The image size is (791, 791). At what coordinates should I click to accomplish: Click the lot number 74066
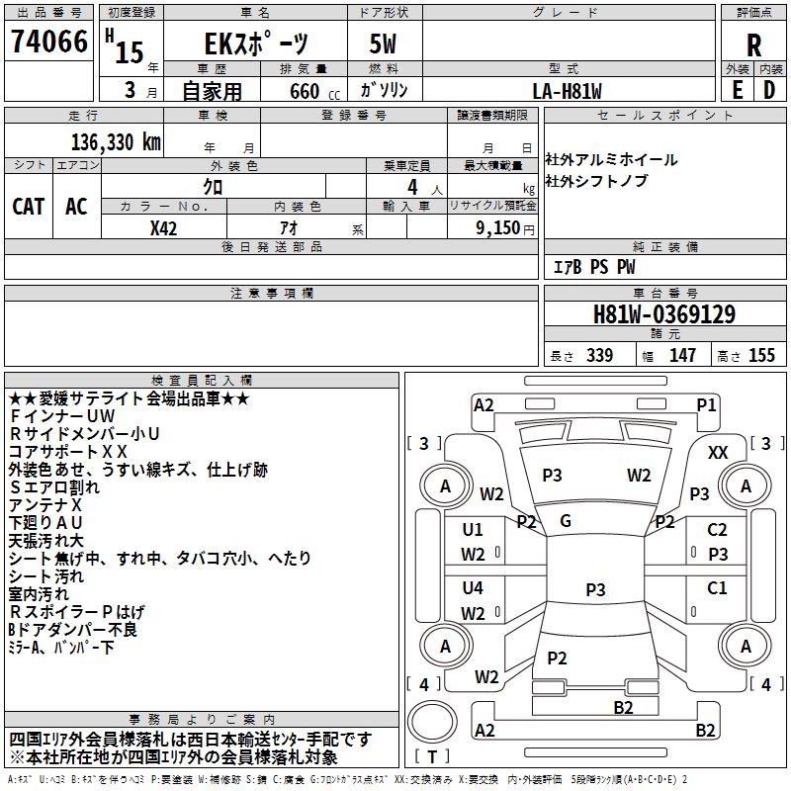point(49,42)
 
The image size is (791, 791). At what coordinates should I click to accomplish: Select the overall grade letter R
point(753,45)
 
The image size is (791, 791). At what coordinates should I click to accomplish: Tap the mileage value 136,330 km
point(116,142)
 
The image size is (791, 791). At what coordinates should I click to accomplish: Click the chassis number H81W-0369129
point(664,314)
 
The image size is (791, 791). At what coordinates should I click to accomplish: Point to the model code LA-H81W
point(567,91)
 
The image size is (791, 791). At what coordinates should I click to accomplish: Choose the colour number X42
point(163,228)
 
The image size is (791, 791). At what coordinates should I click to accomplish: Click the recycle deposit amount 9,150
point(498,228)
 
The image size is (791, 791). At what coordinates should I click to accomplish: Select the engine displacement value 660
point(305,91)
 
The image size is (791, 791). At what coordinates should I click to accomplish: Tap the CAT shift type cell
point(29,207)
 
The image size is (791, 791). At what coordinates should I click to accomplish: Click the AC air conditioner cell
point(77,207)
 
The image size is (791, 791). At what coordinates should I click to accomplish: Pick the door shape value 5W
point(383,44)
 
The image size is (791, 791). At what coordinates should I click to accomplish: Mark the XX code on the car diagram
point(718,453)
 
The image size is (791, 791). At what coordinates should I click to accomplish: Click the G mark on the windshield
point(566,521)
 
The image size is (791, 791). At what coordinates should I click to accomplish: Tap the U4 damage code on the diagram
point(473,587)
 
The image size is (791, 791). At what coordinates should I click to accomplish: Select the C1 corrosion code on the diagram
point(717,587)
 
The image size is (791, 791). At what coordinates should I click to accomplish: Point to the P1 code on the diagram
point(706,405)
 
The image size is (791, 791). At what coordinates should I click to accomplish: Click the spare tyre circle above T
point(432,721)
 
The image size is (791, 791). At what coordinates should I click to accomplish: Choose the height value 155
point(761,355)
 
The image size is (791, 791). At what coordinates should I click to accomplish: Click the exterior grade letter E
point(738,90)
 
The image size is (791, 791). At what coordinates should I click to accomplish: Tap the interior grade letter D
point(769,90)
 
